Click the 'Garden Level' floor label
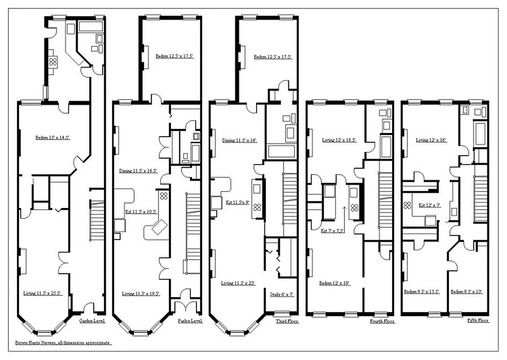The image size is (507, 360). [x=92, y=321]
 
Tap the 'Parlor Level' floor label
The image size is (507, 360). [x=190, y=321]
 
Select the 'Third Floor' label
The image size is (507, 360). [x=286, y=321]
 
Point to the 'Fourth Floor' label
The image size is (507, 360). [x=382, y=321]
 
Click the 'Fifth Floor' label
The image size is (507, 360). [x=478, y=321]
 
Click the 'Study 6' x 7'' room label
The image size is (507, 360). [x=282, y=295]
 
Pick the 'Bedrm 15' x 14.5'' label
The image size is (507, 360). [x=53, y=137]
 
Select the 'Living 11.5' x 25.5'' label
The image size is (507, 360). [x=42, y=293]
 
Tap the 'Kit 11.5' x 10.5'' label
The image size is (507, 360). [x=141, y=211]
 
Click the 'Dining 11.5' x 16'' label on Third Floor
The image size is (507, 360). [x=239, y=140]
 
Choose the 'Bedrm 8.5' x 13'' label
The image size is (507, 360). [x=466, y=292]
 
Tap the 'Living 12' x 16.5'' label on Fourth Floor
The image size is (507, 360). [x=339, y=140]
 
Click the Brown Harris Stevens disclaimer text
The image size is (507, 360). [x=63, y=342]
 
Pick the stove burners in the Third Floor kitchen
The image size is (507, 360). [x=258, y=207]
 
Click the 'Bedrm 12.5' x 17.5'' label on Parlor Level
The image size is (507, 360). [x=175, y=56]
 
